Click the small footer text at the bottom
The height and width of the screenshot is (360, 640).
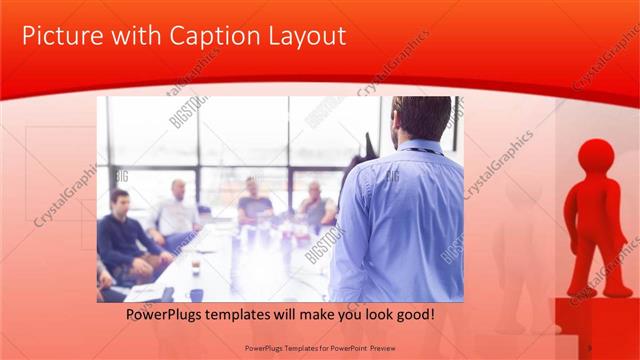320,348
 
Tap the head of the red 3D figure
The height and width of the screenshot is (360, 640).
597,158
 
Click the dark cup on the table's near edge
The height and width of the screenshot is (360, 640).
196,294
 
